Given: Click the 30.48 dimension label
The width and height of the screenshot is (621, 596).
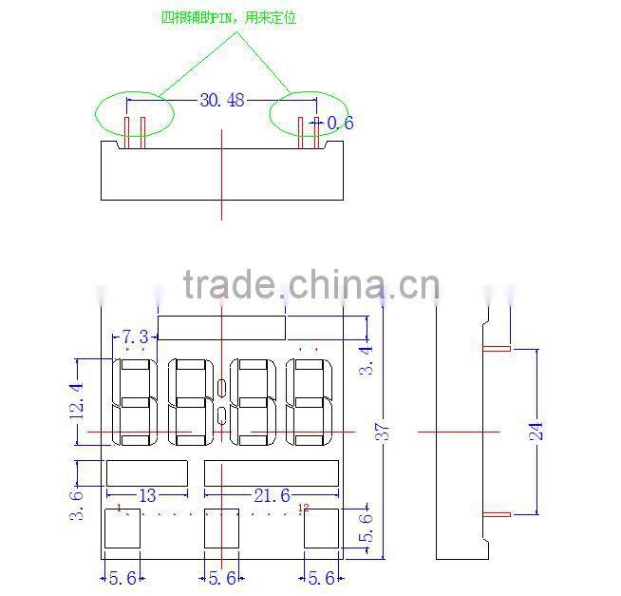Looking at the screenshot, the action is click(x=220, y=100).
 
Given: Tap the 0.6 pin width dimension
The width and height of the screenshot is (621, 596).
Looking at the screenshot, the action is click(x=340, y=123).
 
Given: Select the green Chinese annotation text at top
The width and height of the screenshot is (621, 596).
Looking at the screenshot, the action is click(x=229, y=18).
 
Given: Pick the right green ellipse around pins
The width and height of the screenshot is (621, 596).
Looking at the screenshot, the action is click(x=310, y=116).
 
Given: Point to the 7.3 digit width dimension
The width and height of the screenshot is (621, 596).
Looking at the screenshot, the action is click(x=135, y=336).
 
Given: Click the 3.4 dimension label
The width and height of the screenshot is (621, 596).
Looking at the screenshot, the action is click(x=367, y=361).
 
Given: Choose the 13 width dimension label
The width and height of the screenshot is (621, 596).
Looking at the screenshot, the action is click(x=147, y=495).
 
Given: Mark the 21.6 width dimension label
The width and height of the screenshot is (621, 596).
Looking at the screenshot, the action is click(x=272, y=495).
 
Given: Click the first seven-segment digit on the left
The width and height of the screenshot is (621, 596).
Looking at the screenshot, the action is click(x=135, y=401).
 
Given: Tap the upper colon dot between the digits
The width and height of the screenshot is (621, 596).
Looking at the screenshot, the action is click(x=221, y=388).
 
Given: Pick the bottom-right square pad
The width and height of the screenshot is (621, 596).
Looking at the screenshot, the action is click(x=321, y=528).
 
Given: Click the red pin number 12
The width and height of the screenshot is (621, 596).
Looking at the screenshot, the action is click(x=303, y=508).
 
